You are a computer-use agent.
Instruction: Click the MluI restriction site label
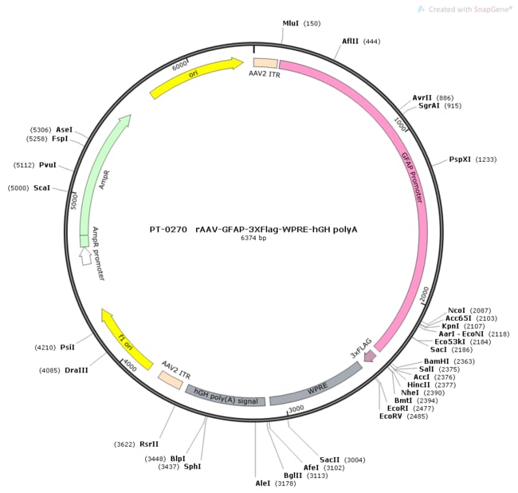tap(291, 24)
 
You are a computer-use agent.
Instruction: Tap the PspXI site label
tap(461, 160)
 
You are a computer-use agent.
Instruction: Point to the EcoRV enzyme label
tap(391, 416)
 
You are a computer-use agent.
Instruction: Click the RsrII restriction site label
tap(149, 444)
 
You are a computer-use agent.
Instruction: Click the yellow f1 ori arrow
tap(128, 337)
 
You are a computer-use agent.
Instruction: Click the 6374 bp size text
tap(255, 238)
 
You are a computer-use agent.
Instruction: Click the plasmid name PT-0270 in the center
tap(167, 229)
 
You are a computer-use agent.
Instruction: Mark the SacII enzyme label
tap(330, 459)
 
